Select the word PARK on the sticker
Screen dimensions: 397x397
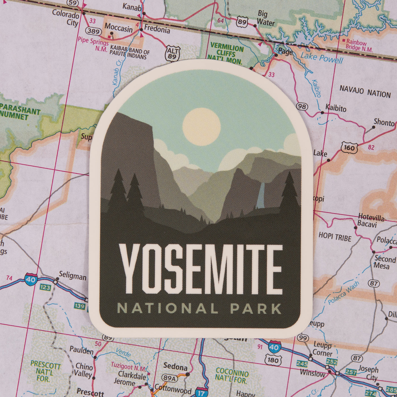click(x=256, y=308)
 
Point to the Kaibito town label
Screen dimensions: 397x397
click(x=336, y=108)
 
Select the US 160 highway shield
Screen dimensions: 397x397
click(x=349, y=148)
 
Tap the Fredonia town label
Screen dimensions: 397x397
click(x=157, y=29)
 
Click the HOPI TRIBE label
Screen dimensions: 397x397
click(x=335, y=237)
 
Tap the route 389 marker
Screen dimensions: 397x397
click(x=93, y=31)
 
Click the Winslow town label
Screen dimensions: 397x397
click(x=312, y=373)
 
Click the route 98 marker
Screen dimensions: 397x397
click(x=302, y=106)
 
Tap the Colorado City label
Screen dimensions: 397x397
click(x=66, y=18)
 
